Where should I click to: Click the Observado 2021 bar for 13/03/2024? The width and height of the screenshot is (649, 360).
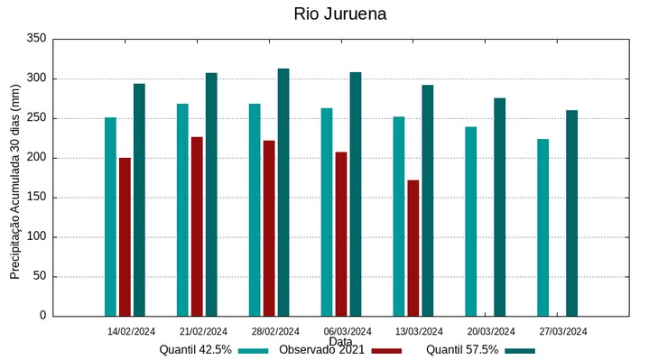413,248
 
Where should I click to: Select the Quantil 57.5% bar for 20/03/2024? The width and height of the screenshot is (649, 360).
500,207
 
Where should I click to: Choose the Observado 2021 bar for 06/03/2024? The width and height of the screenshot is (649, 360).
341,234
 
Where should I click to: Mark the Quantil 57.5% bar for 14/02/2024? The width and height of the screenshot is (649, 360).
139,199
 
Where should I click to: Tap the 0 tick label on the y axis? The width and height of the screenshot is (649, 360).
42,316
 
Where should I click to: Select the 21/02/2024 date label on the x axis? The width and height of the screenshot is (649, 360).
203,331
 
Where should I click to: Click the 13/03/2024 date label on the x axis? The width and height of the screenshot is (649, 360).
420,331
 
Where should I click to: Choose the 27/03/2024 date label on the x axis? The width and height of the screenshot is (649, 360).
564,331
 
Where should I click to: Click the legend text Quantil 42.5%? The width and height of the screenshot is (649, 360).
196,350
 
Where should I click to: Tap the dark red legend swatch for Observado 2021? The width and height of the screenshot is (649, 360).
387,350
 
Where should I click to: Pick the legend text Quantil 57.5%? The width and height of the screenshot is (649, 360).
462,350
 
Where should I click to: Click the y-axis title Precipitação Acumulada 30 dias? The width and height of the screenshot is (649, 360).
15,177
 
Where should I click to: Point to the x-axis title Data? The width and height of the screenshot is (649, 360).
341,342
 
